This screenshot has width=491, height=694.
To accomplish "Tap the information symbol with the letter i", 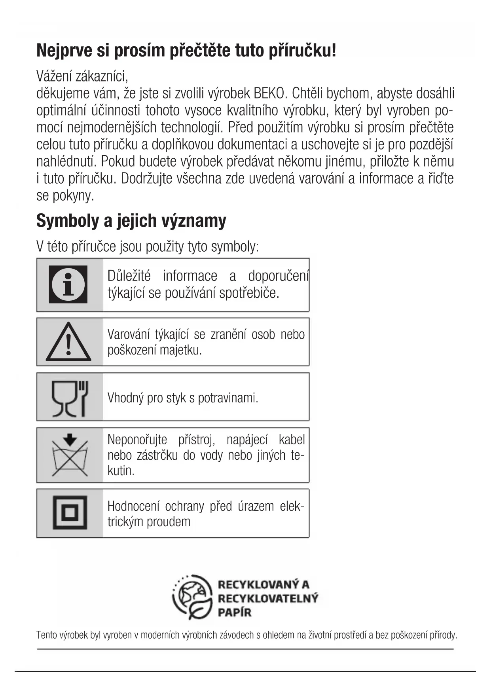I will [x=68, y=284].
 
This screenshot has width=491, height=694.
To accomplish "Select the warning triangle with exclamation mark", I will [x=68, y=342].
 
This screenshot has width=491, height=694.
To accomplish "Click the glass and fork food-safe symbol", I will [x=70, y=398].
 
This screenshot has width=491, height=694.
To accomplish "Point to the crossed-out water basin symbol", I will [x=70, y=455].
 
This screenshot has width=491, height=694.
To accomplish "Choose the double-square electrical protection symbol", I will [x=70, y=513].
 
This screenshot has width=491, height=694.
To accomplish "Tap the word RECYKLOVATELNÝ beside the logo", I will [x=268, y=598].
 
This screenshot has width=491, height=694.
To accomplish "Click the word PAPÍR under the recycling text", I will [x=234, y=612].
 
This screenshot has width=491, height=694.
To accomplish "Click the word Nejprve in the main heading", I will [x=63, y=51].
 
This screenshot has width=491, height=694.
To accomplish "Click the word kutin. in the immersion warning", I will [x=121, y=470].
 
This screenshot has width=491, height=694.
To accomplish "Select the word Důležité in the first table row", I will [x=129, y=276].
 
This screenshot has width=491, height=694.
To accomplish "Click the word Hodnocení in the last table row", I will [x=133, y=506].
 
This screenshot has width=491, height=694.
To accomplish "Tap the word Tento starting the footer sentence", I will [x=46, y=635].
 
